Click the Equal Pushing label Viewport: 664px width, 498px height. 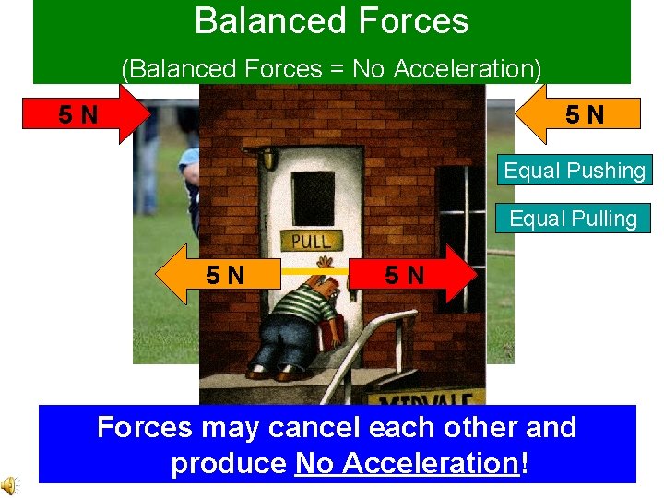click(574, 171)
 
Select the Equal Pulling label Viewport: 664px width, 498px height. click(573, 219)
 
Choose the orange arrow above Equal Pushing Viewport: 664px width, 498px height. click(575, 114)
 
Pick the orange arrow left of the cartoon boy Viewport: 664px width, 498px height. click(218, 274)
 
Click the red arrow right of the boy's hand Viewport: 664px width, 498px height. click(411, 274)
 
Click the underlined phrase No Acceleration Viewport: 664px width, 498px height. click(407, 463)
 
